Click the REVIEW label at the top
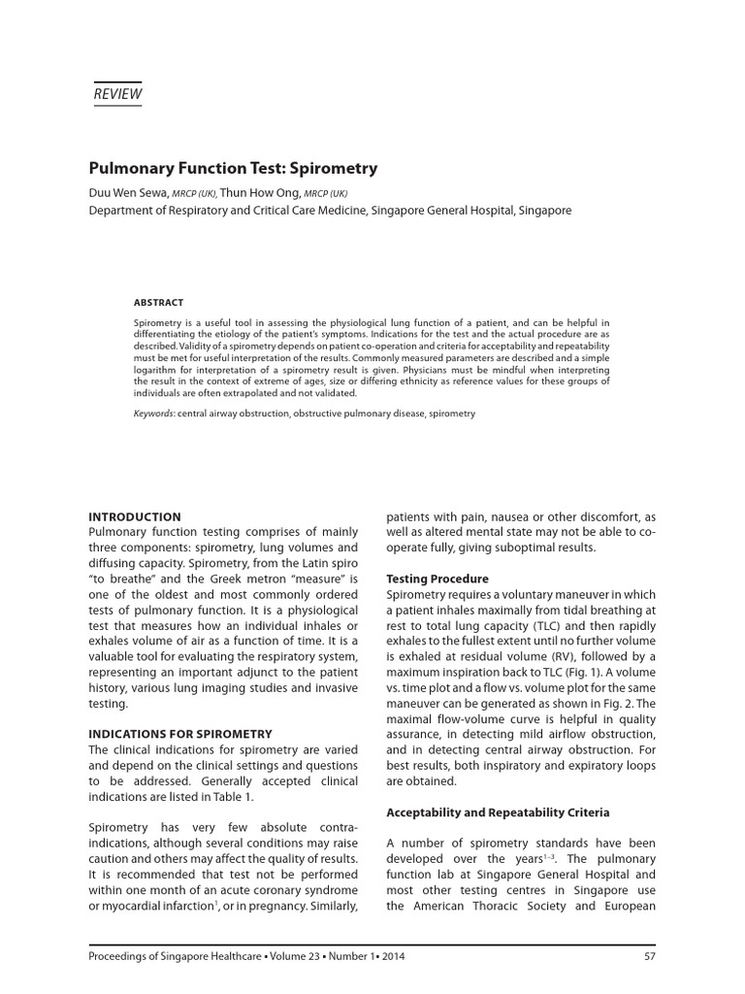(x=116, y=94)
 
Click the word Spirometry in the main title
(x=329, y=168)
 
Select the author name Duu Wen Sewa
(x=128, y=192)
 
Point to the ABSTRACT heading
(x=158, y=302)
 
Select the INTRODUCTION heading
(x=135, y=516)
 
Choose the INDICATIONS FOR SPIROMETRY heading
(x=180, y=734)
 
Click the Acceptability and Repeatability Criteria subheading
(x=498, y=812)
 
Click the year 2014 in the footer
(x=392, y=956)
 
